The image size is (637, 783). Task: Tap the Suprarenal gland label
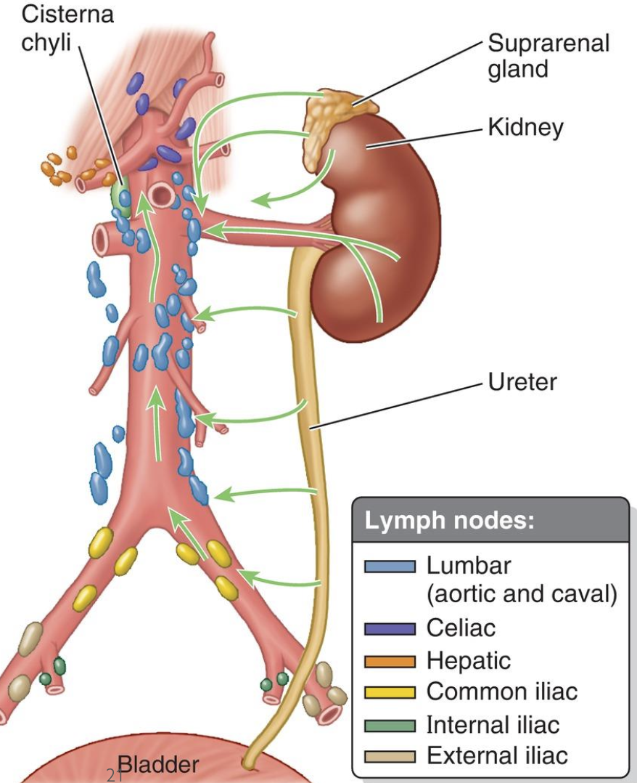[548, 56]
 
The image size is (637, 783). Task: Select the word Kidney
[525, 128]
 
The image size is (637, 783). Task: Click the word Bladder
[157, 765]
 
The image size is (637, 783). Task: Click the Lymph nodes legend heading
[449, 521]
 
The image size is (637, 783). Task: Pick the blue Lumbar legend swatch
[390, 566]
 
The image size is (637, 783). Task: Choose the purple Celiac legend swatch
[390, 628]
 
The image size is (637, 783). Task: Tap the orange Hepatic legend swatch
[390, 660]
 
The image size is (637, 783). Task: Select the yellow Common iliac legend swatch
[390, 692]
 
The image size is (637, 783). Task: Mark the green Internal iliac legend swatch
[390, 724]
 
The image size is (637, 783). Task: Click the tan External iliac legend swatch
[390, 756]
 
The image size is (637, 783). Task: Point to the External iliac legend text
[496, 756]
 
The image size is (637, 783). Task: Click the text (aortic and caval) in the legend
[522, 595]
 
